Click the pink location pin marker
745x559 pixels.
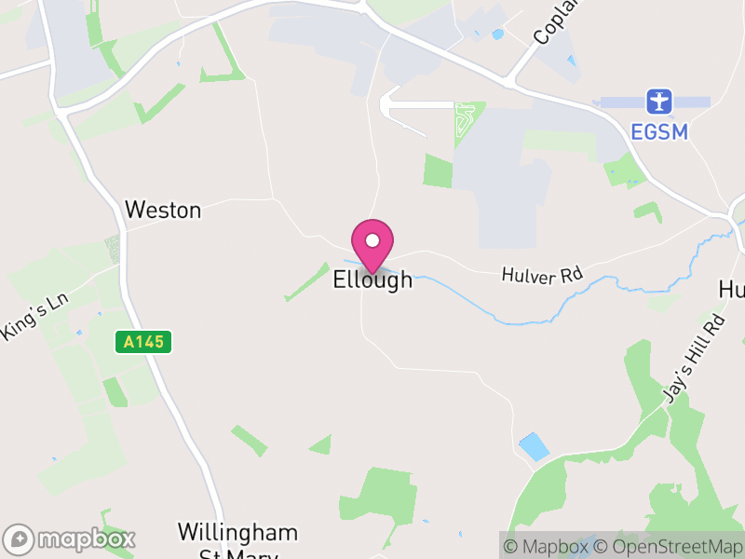(x=372, y=244)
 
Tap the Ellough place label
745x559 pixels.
(x=372, y=279)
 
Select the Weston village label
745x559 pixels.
(x=163, y=210)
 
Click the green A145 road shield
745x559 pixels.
(x=143, y=342)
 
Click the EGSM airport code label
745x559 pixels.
(x=660, y=131)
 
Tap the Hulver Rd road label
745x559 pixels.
(x=541, y=276)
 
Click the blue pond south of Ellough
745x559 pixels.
(x=534, y=446)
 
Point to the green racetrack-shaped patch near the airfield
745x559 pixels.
(x=463, y=124)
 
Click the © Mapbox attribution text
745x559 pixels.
(x=547, y=547)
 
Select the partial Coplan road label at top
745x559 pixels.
(x=556, y=24)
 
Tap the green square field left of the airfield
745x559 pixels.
(x=438, y=171)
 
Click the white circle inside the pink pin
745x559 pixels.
(x=372, y=240)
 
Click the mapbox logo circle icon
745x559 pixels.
(x=20, y=539)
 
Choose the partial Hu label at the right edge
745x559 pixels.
(x=732, y=290)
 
